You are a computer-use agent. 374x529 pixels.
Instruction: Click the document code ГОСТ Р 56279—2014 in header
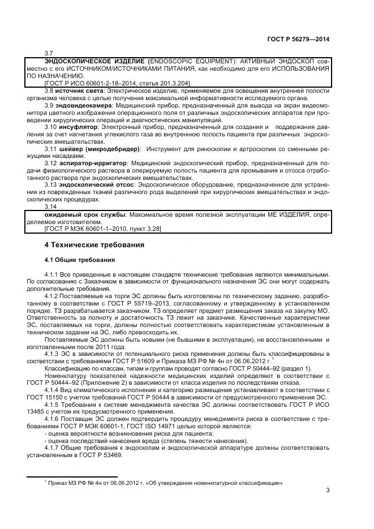click(298, 39)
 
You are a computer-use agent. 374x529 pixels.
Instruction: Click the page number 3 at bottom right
click(328, 490)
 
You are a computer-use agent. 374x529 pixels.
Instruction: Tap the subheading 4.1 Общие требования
click(80, 260)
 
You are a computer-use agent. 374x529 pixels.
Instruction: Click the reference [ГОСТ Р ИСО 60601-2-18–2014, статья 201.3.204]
click(117, 83)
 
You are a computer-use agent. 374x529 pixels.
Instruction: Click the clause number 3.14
click(50, 208)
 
